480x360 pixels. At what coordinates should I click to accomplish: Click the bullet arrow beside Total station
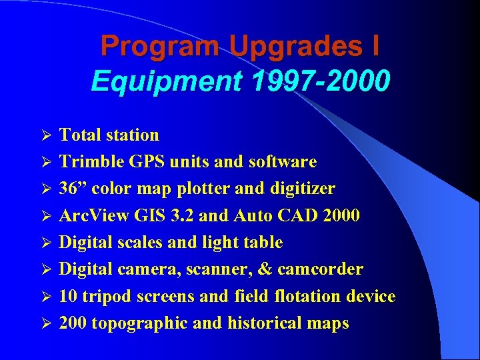pos(46,135)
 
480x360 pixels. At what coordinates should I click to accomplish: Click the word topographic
pos(141,323)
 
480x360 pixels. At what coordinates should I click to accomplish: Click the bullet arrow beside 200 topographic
pos(46,324)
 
